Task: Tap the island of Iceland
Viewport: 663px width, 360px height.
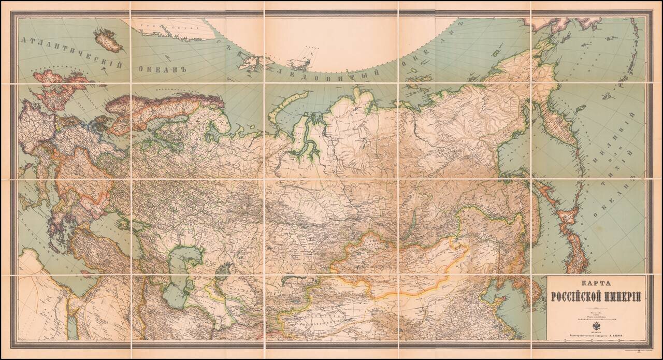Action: point(108,40)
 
